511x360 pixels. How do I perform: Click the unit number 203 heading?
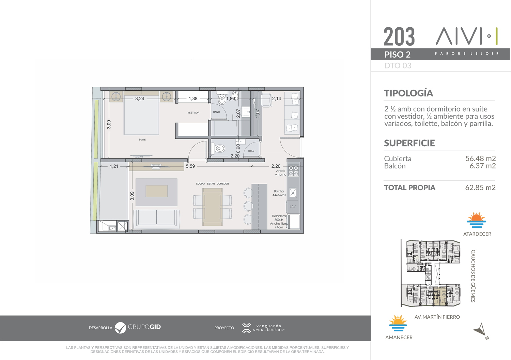click(x=399, y=36)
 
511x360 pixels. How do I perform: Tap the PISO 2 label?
click(x=398, y=55)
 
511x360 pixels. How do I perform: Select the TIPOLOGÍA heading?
click(x=408, y=93)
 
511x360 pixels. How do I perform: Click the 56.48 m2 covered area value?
click(x=480, y=158)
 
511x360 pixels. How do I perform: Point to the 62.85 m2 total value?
click(x=480, y=187)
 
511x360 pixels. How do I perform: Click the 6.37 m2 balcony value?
click(x=482, y=166)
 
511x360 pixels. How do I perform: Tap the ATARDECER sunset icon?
click(x=476, y=220)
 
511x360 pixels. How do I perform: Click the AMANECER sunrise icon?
click(x=398, y=323)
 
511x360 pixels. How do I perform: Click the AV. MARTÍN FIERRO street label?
click(x=437, y=317)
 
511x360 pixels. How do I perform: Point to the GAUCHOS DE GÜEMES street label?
click(x=473, y=276)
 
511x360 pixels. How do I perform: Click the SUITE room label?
click(x=142, y=139)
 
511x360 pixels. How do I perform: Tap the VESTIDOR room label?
click(x=193, y=112)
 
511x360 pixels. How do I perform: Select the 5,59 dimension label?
click(x=190, y=166)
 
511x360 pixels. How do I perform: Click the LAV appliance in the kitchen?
click(x=293, y=206)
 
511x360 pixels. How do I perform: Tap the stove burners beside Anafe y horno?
click(x=293, y=171)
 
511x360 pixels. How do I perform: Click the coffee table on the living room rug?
click(x=156, y=191)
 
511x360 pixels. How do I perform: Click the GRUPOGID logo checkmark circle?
click(x=120, y=328)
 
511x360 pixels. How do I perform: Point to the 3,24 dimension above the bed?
click(x=140, y=99)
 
